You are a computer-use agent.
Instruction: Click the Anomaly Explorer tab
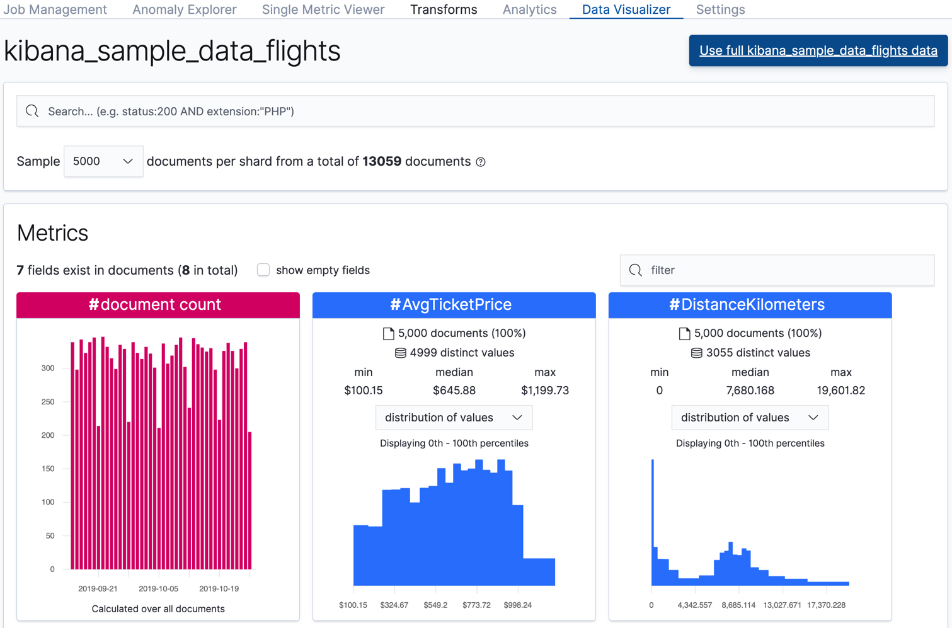click(184, 9)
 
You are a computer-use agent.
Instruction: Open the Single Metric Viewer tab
click(323, 9)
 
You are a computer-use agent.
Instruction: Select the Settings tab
click(720, 9)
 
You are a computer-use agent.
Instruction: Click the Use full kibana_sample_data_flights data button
click(818, 50)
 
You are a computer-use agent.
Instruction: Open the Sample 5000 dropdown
click(103, 161)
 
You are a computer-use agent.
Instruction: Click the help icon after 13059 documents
click(481, 162)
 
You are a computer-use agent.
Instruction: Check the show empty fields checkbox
click(263, 270)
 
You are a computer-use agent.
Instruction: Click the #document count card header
click(158, 305)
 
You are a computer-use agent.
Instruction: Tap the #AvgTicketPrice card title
click(454, 305)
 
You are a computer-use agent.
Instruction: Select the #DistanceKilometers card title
click(750, 305)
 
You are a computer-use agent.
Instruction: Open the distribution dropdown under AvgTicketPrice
click(454, 418)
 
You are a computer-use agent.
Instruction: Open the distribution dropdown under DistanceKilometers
click(750, 418)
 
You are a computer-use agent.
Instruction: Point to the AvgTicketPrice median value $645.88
click(454, 391)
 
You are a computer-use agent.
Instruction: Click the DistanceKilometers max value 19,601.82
click(840, 391)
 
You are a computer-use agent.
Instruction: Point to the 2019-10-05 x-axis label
click(158, 588)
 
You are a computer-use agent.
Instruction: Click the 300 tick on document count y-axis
click(48, 368)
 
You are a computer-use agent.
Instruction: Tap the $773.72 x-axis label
click(476, 605)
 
